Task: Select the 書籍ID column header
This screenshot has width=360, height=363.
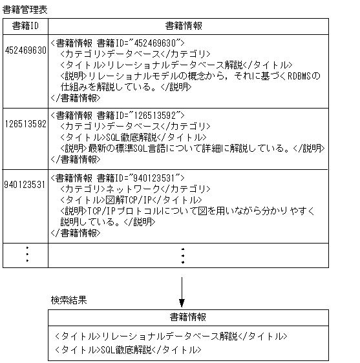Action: (x=26, y=26)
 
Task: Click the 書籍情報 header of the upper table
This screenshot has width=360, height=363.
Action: (x=187, y=26)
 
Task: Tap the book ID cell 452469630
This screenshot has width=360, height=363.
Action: (x=25, y=51)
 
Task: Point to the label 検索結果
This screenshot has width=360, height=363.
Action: (x=69, y=301)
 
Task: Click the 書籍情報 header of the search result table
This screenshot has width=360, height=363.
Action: (x=188, y=317)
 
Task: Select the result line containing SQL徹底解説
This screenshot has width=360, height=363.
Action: (x=129, y=349)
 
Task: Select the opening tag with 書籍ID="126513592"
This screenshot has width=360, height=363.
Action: (x=118, y=116)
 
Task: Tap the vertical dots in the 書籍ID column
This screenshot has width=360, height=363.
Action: (x=26, y=255)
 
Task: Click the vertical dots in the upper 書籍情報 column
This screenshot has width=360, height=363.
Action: (x=183, y=255)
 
